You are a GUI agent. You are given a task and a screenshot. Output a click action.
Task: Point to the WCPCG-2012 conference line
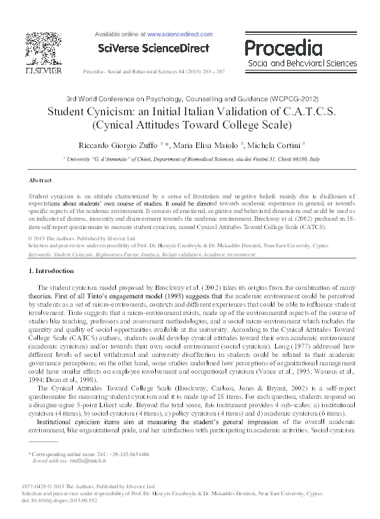(x=189, y=98)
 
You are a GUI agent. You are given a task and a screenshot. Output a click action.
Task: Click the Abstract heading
(x=41, y=180)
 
